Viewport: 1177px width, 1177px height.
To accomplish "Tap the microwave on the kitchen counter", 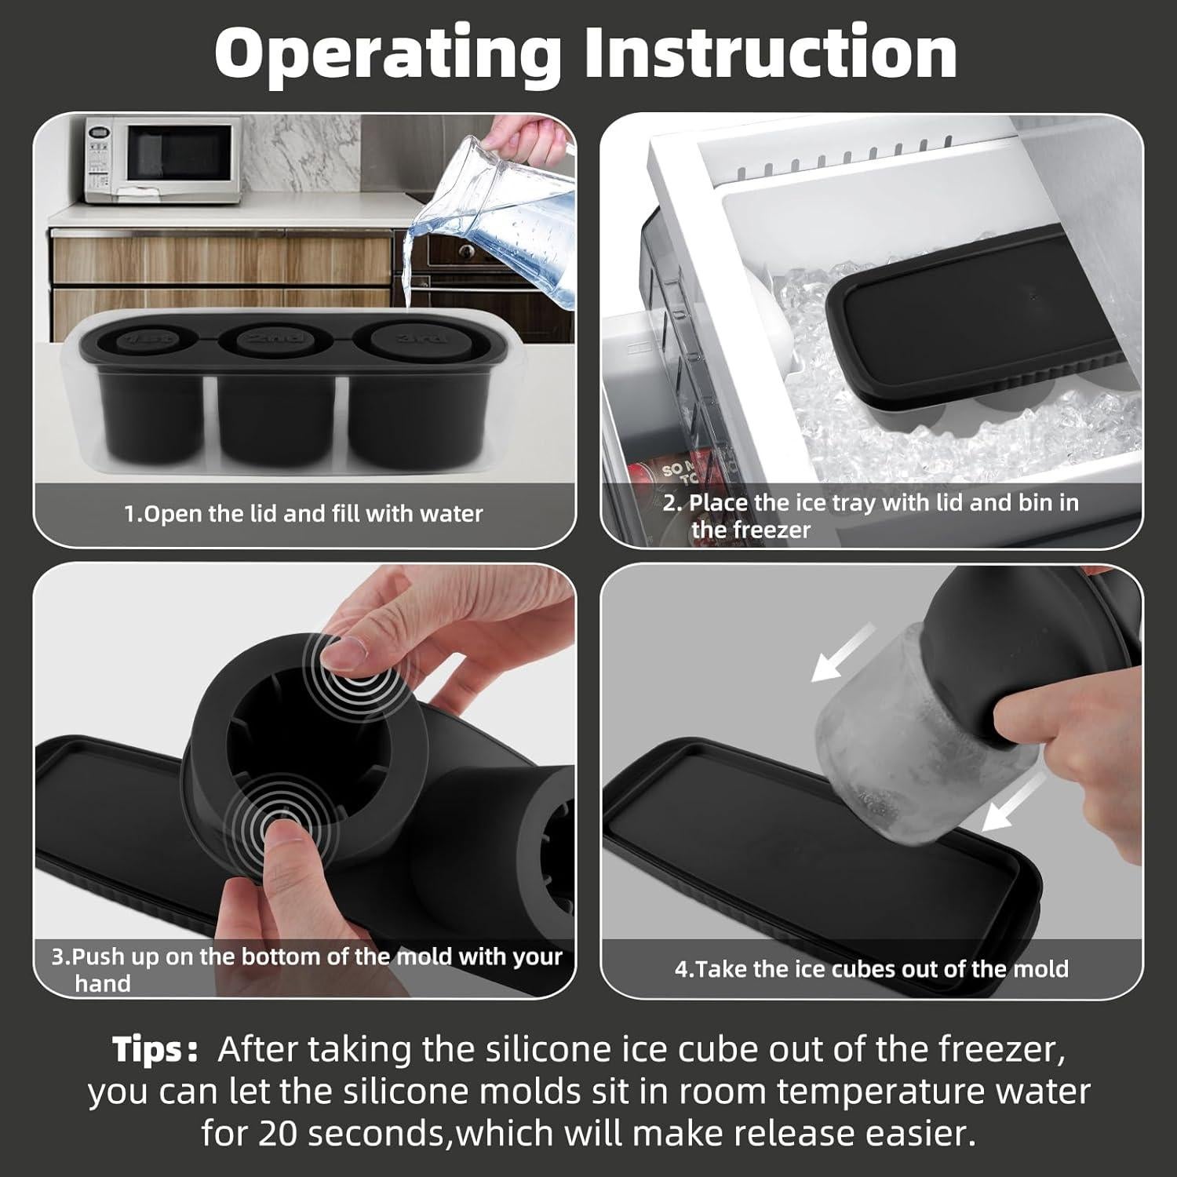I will click(x=161, y=160).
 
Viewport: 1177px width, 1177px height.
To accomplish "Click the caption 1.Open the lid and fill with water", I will click(x=304, y=514).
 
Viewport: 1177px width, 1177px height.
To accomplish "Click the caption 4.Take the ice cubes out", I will click(x=871, y=968).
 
